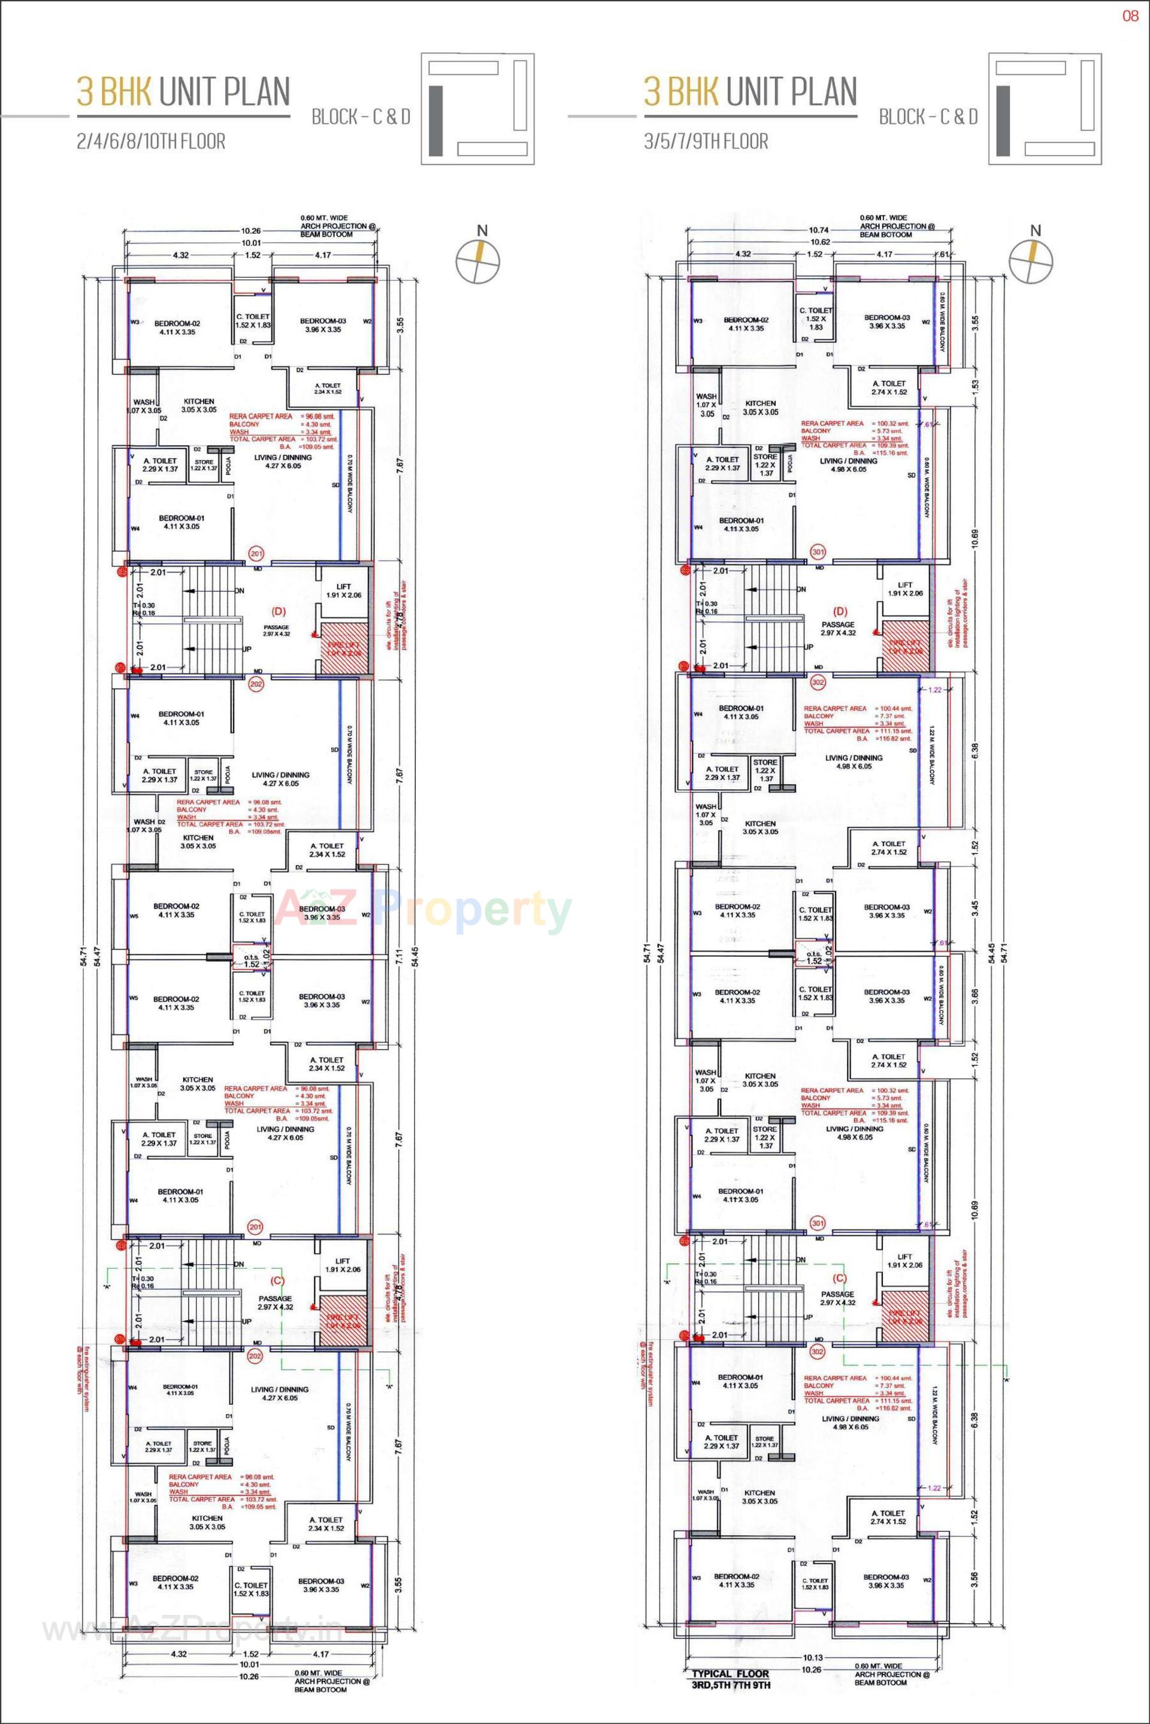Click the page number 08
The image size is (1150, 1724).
point(1130,16)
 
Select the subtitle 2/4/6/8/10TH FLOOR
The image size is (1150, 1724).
point(151,141)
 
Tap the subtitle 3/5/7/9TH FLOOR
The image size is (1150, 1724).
point(706,141)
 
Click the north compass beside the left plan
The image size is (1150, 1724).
point(478,260)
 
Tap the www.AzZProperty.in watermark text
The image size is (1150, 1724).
point(190,1629)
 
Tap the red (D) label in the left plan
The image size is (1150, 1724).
point(279,611)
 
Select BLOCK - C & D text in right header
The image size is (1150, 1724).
point(928,117)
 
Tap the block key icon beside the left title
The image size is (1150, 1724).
point(477,108)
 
